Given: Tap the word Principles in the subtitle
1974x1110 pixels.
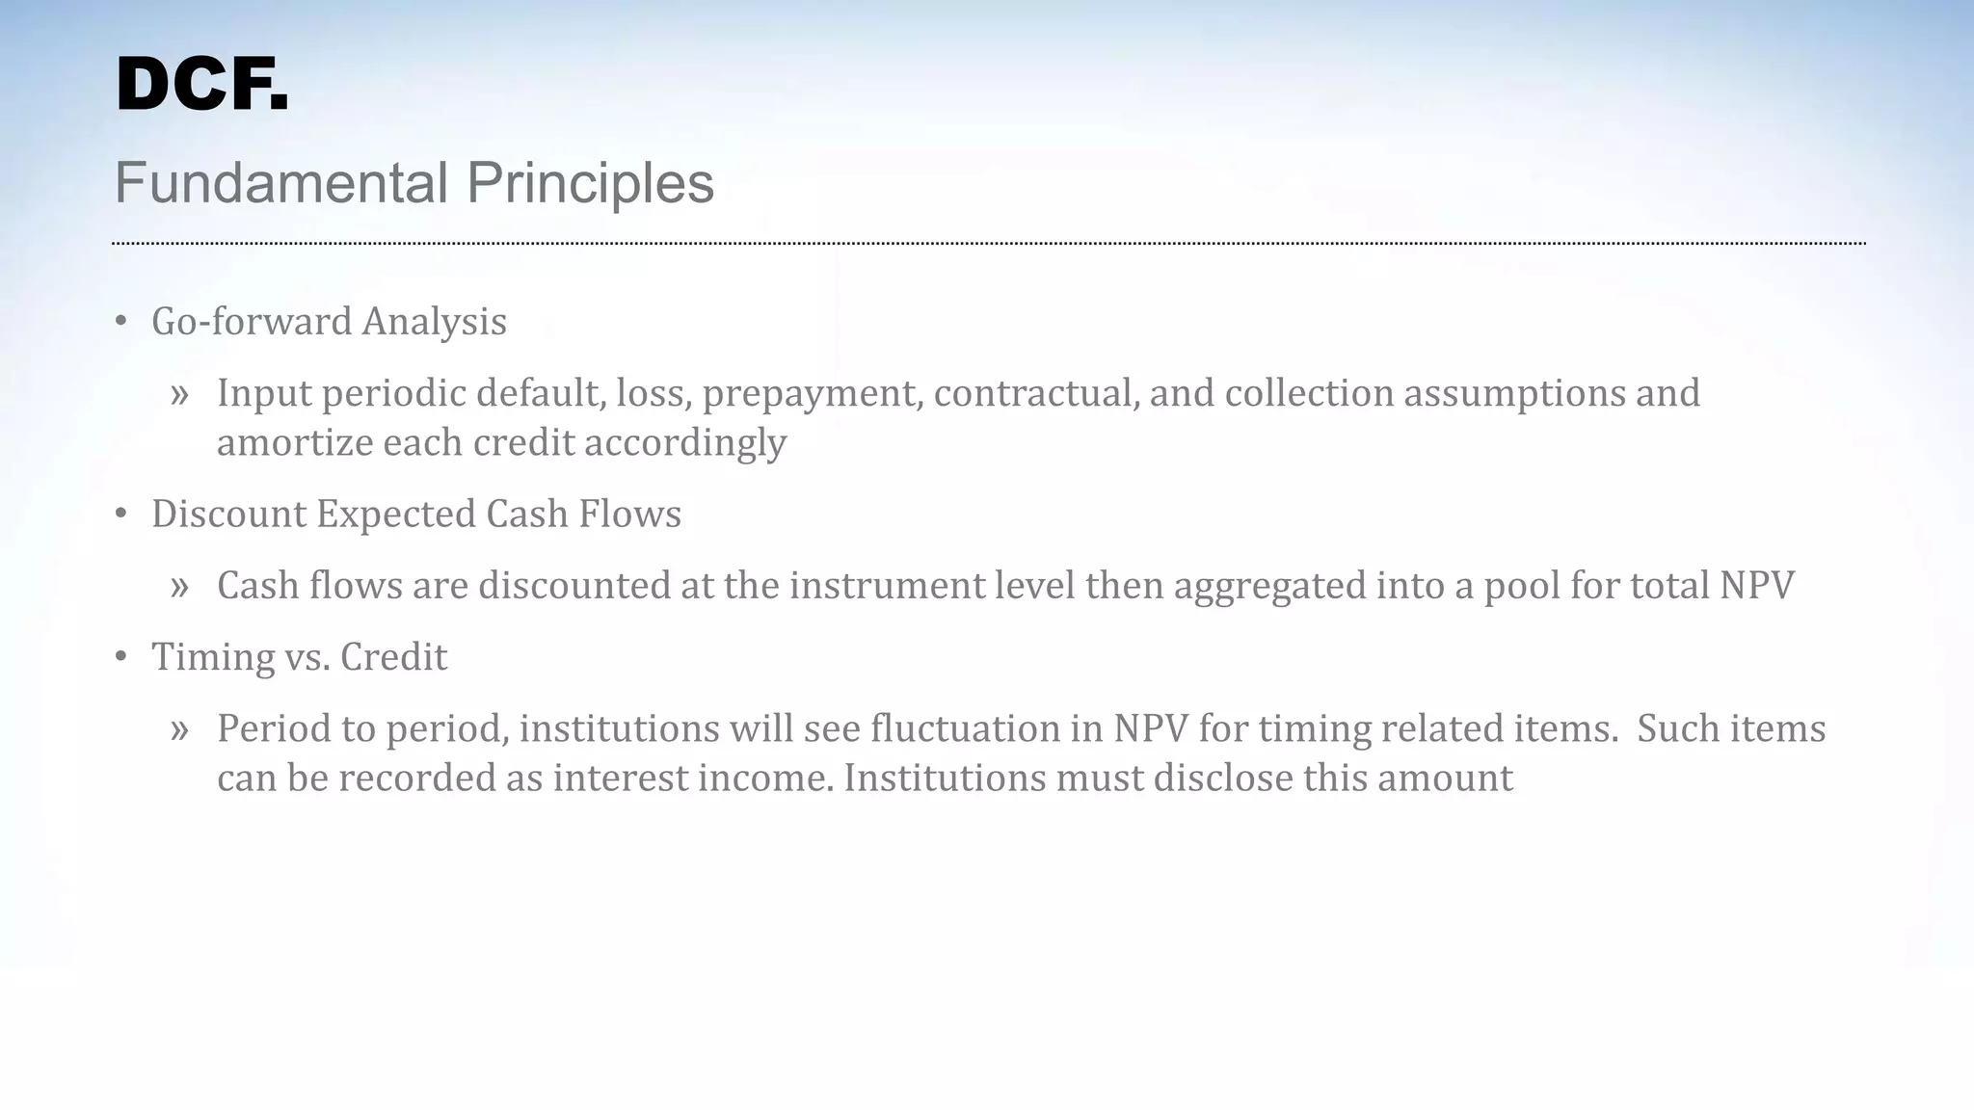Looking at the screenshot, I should coord(590,183).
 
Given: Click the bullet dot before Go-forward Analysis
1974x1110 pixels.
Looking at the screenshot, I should coord(120,322).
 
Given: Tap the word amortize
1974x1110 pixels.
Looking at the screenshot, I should coord(294,443).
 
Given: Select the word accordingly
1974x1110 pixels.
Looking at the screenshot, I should coord(684,443).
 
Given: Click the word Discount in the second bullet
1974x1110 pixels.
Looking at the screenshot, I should coord(228,515).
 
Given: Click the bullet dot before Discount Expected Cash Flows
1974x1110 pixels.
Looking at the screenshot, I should coord(120,515).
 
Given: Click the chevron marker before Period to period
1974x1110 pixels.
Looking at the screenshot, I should coord(179,730).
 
